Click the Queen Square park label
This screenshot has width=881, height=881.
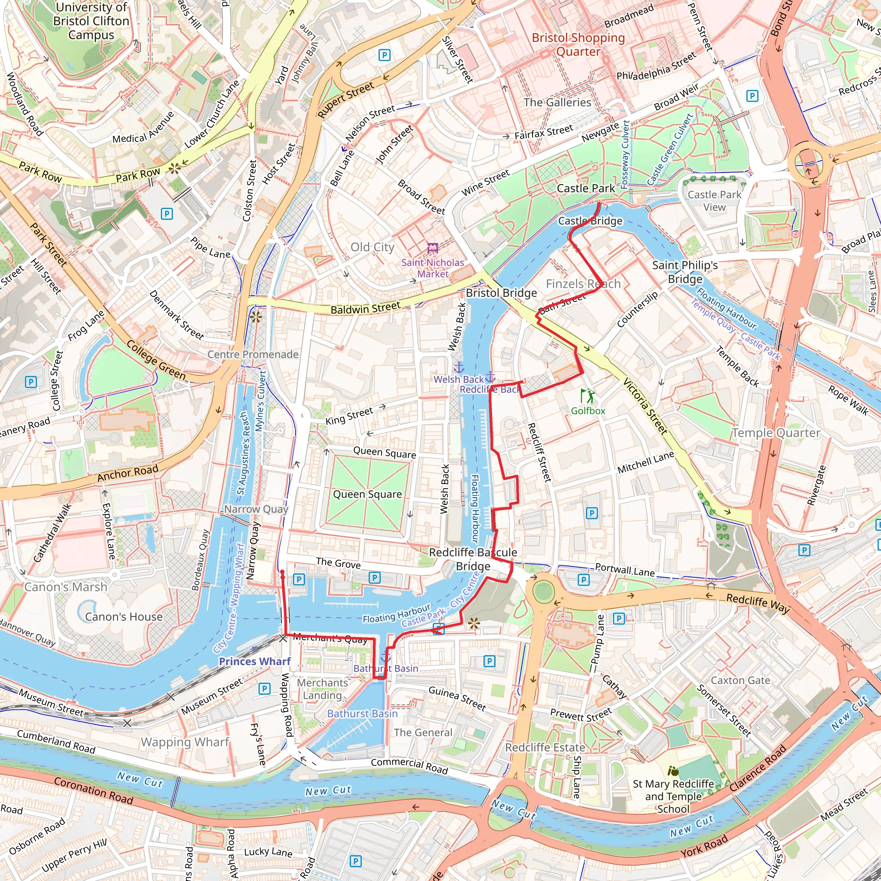click(x=367, y=494)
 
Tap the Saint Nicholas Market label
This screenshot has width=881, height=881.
click(x=432, y=268)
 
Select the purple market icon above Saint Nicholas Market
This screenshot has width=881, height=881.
click(x=432, y=248)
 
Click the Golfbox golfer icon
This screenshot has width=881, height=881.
click(x=588, y=395)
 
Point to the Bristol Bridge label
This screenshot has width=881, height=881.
click(x=501, y=293)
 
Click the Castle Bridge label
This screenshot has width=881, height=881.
click(x=590, y=221)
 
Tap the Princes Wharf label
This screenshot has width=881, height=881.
click(x=255, y=661)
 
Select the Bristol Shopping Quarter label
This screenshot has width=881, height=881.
click(x=578, y=44)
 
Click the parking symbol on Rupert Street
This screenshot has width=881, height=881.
click(x=385, y=55)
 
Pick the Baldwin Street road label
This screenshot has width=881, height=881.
click(x=365, y=309)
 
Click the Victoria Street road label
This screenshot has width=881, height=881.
click(x=645, y=406)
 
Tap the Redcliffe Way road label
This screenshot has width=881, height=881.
click(x=758, y=603)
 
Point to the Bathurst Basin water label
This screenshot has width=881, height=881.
click(x=363, y=713)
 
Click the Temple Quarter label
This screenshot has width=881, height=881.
click(x=776, y=433)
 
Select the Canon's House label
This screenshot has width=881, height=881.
click(x=123, y=616)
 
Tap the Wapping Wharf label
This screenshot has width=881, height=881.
click(x=185, y=742)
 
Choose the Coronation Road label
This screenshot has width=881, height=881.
click(x=93, y=791)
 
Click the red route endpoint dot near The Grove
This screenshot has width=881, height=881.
click(x=282, y=572)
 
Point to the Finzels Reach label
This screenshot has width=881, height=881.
click(x=583, y=283)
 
